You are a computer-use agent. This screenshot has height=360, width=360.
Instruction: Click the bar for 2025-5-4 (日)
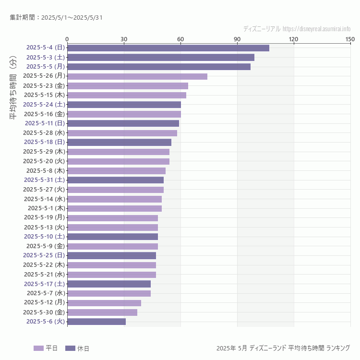tap(168, 48)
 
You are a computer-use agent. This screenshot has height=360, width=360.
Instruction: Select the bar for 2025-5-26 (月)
tap(137, 76)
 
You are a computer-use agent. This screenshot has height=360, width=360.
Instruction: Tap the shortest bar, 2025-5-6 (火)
tap(96, 322)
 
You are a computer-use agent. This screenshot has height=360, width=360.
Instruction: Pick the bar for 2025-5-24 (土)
tap(124, 104)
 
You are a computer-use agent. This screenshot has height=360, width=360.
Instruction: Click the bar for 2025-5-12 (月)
tap(104, 303)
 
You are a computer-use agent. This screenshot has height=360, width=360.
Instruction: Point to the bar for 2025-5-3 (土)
tap(161, 57)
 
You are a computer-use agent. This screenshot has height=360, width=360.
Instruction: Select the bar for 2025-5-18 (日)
tap(119, 142)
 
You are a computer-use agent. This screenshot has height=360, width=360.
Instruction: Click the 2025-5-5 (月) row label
tap(46, 67)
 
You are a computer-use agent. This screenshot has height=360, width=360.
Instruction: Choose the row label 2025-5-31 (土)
tap(45, 180)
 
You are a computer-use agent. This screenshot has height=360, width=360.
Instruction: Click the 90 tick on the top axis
tap(237, 39)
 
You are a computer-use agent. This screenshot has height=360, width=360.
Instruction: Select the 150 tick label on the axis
tap(350, 39)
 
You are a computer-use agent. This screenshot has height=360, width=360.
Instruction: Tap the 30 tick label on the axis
tap(124, 39)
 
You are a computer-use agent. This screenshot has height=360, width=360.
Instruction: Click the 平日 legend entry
tap(46, 348)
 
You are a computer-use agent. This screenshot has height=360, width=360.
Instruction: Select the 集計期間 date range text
tap(56, 18)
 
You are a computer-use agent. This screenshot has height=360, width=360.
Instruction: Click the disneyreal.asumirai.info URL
tap(316, 29)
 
